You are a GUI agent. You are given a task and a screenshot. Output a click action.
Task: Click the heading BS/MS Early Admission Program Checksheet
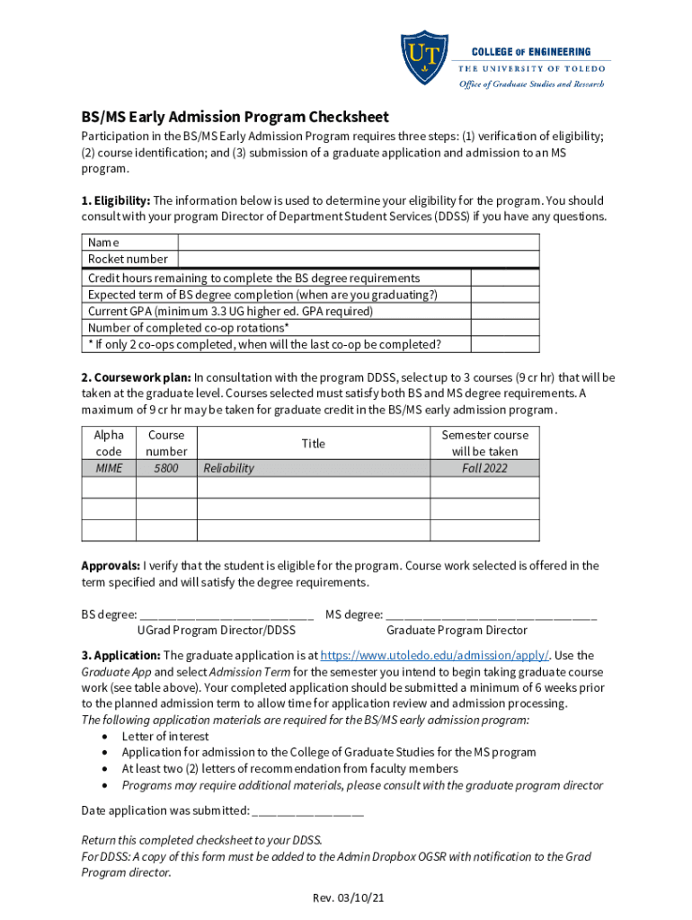235,118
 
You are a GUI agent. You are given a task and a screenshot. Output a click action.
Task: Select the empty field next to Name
359,243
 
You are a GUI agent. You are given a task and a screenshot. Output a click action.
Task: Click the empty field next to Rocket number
359,259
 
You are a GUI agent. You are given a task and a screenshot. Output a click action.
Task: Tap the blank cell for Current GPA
505,311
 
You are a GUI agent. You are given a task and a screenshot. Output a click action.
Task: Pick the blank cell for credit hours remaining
505,279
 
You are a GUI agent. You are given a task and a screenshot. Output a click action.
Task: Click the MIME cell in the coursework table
109,468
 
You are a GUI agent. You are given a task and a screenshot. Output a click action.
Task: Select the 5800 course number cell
166,468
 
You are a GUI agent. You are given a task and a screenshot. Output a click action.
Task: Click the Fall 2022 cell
484,468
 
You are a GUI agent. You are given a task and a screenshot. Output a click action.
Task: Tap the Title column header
313,444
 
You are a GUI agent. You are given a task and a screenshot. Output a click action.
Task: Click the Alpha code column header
109,443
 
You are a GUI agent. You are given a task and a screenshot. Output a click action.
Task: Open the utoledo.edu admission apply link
434,656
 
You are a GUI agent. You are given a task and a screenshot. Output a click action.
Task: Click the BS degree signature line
227,616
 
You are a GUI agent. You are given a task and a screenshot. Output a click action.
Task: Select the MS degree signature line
492,616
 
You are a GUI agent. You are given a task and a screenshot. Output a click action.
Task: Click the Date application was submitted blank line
308,812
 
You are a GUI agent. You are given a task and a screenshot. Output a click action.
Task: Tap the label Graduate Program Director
457,631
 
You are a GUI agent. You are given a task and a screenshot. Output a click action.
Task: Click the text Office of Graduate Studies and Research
532,84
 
